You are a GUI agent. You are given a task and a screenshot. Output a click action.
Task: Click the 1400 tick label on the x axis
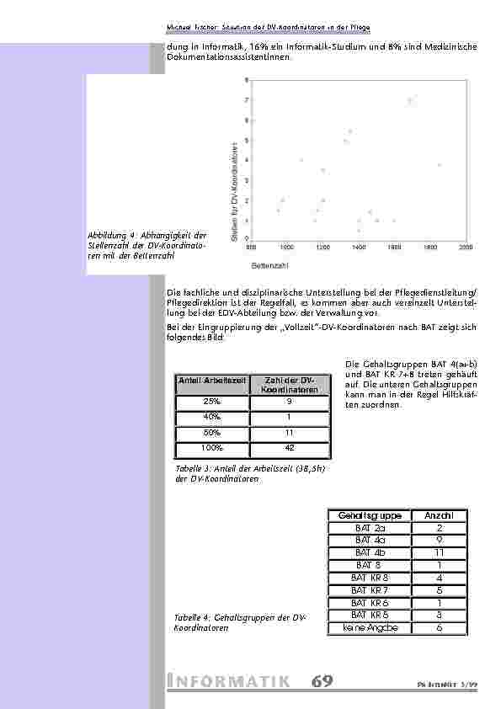click(359, 248)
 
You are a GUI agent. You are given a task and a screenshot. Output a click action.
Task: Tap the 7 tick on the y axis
click(246, 100)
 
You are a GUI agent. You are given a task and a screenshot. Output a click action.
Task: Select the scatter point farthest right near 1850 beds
click(439, 165)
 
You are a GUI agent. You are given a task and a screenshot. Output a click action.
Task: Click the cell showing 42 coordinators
click(289, 447)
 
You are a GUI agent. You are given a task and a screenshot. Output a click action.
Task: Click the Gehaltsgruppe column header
click(370, 515)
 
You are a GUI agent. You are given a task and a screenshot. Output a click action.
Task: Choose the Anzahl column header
click(439, 515)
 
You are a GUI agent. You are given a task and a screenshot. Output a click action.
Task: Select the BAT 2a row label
click(370, 528)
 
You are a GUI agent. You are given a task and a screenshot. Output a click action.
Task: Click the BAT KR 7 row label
click(370, 590)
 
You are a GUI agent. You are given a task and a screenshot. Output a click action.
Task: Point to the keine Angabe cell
click(370, 628)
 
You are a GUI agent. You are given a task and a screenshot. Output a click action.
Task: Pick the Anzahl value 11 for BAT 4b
click(439, 552)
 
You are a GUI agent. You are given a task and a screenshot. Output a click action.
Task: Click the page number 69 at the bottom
click(321, 681)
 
